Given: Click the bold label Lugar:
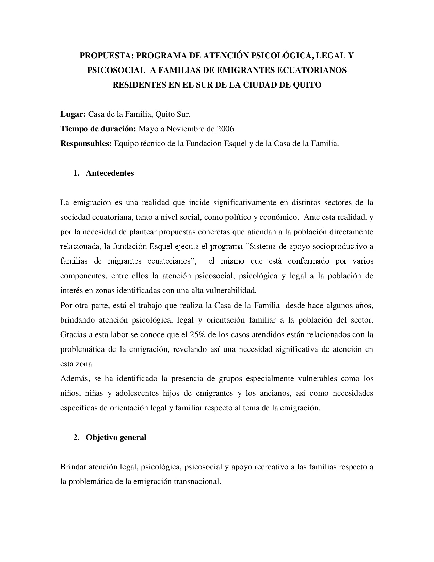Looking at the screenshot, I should click(x=73, y=114).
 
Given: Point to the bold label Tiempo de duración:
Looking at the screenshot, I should click(x=98, y=129).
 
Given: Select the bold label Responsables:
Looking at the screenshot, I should click(x=86, y=144).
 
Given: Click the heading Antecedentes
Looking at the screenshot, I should click(x=110, y=173).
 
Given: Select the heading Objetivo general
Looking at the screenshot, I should click(x=116, y=437).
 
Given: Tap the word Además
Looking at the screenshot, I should click(x=72, y=378).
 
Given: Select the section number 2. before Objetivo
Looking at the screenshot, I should click(x=76, y=437).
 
